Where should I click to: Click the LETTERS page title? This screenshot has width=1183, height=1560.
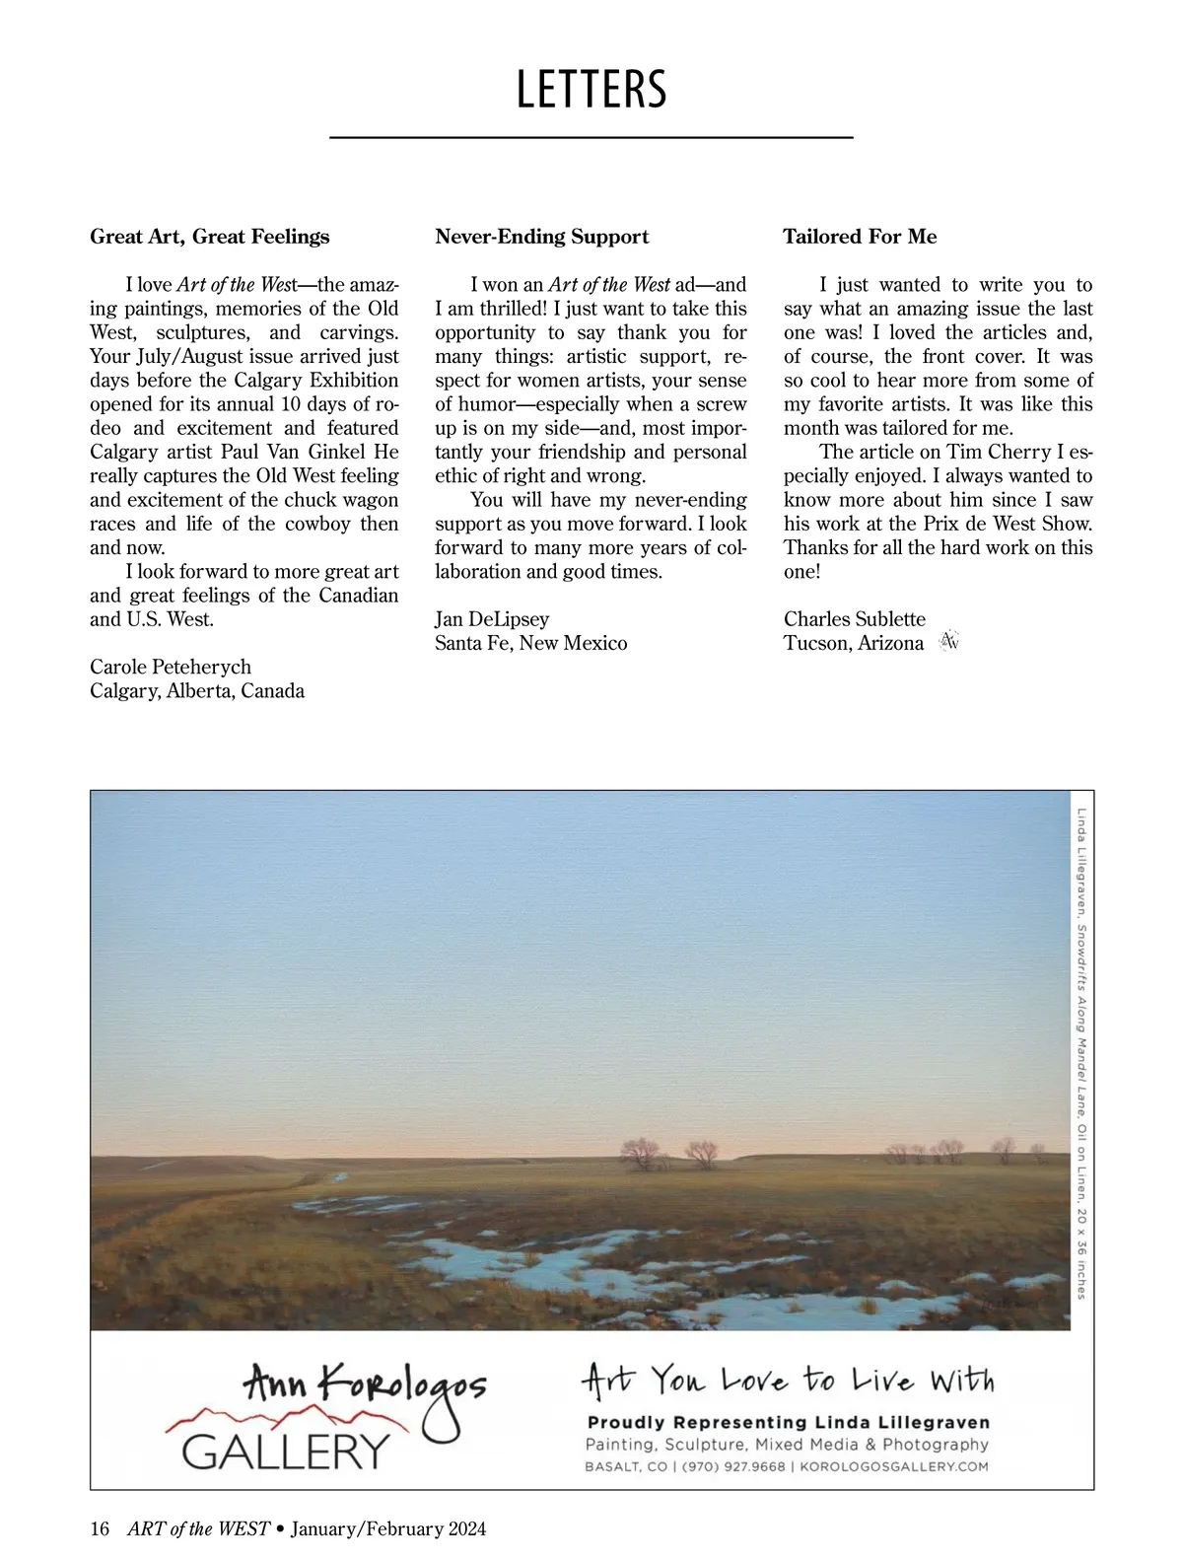point(591,90)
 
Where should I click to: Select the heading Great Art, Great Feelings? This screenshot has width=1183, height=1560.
point(210,237)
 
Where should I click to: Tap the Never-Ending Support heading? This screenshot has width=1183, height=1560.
point(542,237)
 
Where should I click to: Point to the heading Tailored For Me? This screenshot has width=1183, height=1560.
point(860,237)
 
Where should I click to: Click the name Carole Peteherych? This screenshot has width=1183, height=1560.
point(171,667)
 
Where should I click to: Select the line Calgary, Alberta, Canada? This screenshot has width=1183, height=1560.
point(197,690)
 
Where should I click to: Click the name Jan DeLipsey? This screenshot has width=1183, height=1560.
point(492,619)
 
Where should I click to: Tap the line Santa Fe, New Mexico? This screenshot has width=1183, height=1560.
point(531,643)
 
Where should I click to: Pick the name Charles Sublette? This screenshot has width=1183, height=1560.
point(855,619)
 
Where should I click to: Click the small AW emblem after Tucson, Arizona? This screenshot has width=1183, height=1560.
point(949,642)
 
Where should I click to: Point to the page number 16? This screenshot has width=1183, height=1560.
point(100,1528)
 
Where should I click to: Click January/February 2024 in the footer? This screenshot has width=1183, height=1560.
point(388,1528)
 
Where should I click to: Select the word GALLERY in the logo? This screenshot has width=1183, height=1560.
point(286,1451)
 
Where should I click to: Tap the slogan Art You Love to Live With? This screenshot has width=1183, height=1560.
point(788,1380)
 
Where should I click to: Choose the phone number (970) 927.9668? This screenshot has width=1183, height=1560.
point(733,1466)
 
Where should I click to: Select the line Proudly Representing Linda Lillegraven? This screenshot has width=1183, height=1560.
point(788,1422)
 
